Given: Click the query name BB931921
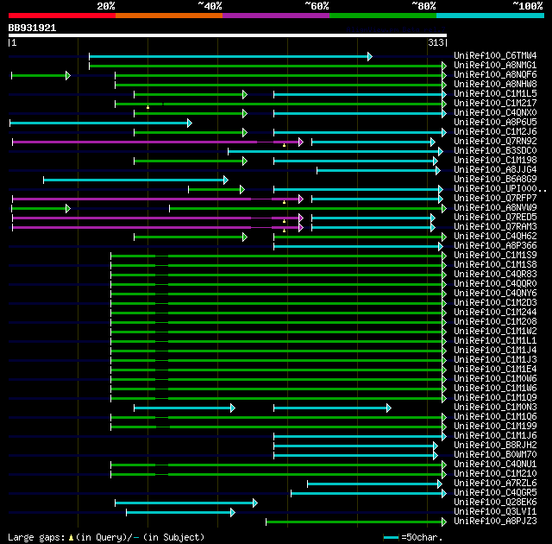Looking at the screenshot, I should pos(33,28).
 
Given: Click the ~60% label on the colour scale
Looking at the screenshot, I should pos(317,5).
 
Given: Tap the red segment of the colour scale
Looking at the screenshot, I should pos(61,15).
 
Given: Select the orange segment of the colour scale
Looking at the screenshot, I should pos(168,15).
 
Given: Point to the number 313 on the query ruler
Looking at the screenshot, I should pos(435,42).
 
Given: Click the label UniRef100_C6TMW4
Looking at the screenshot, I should pos(495,55).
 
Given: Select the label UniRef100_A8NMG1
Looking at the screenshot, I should pos(495,65).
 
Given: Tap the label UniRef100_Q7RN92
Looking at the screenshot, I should pos(495,141).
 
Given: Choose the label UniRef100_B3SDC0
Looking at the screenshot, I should pos(495,150).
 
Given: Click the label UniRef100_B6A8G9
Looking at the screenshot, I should pos(495,179).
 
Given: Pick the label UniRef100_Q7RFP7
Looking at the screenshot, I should pos(495,198).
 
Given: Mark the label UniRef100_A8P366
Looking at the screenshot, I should pos(495,245).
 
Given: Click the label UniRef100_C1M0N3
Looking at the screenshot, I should pos(495,407).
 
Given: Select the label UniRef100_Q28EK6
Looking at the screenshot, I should pos(495,502).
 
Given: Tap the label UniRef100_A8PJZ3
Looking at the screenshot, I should pos(495,521).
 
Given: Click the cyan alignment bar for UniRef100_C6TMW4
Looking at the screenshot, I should pos(229,56).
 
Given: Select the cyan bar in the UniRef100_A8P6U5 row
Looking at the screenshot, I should pos(100,123).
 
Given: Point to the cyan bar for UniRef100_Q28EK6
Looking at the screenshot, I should pos(185,502).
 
